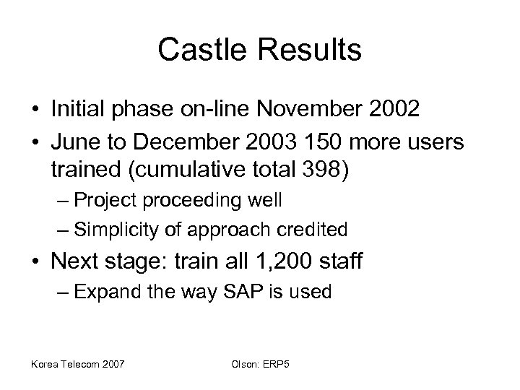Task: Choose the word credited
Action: pos(311,230)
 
